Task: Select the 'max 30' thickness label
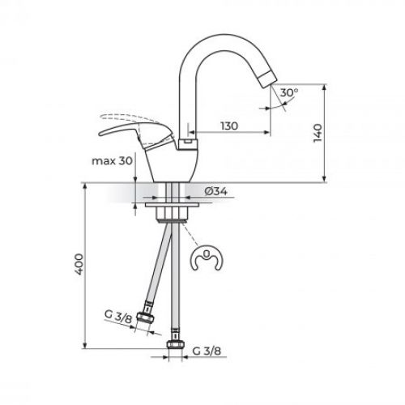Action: [x=113, y=161]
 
